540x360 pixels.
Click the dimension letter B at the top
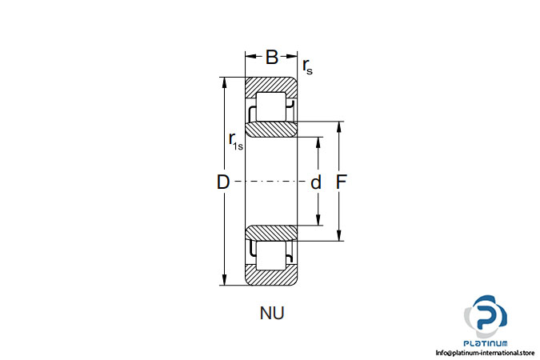tap(272, 57)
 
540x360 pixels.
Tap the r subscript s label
tap(307, 66)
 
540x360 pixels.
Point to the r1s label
tap(236, 142)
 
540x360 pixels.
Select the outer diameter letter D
tap(223, 182)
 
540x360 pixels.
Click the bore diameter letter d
tap(316, 182)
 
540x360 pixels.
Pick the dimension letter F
tap(341, 182)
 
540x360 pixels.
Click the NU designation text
tap(272, 313)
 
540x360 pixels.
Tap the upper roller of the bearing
tap(271, 106)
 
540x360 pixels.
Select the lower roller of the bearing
tap(271, 255)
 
